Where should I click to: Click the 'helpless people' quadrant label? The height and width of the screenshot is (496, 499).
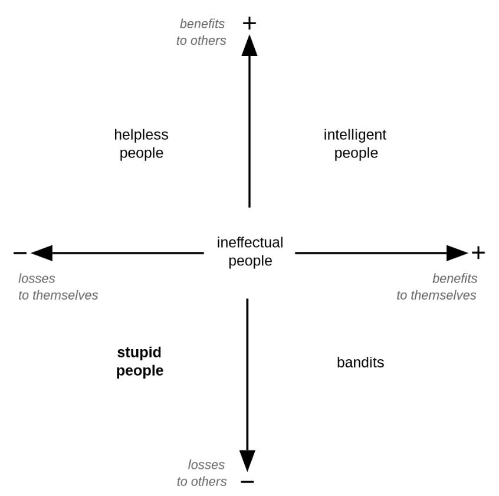(x=141, y=144)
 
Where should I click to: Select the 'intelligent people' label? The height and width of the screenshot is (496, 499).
(x=355, y=144)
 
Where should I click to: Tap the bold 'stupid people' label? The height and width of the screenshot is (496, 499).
(x=140, y=362)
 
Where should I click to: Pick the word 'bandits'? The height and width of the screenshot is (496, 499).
(x=360, y=363)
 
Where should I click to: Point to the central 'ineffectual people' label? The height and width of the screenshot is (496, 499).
(x=250, y=252)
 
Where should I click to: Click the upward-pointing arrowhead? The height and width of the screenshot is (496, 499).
(x=249, y=46)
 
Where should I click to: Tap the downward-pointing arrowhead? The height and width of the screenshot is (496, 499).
(x=247, y=460)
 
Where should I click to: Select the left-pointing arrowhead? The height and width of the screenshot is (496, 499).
(x=42, y=253)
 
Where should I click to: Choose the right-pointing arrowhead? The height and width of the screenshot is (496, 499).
(x=457, y=253)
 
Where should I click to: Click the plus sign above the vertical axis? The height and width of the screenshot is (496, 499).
(x=249, y=23)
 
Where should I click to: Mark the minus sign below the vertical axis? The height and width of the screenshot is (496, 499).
(x=247, y=481)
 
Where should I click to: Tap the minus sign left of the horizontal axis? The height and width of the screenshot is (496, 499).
(x=20, y=253)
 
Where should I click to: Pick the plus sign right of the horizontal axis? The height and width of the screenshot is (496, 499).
(x=478, y=253)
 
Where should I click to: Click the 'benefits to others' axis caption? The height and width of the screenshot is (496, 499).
(x=201, y=32)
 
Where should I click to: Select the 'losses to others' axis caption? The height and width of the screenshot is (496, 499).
(x=202, y=473)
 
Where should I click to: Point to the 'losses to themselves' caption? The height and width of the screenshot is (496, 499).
(x=58, y=287)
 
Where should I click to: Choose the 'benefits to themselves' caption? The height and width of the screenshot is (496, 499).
(x=436, y=287)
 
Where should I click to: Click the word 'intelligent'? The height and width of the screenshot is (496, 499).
(x=355, y=135)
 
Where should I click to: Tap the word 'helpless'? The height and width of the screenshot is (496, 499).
(x=141, y=135)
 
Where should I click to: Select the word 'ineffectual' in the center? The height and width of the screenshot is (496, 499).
(x=250, y=242)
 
